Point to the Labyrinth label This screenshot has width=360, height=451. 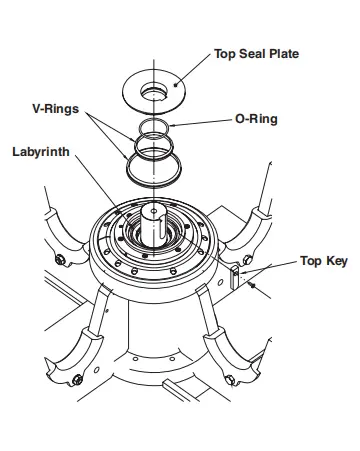[x=44, y=154]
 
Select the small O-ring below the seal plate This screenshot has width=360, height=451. [x=155, y=127]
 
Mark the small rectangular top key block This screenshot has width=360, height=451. [x=236, y=277]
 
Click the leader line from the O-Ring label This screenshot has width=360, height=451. [x=205, y=122]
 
